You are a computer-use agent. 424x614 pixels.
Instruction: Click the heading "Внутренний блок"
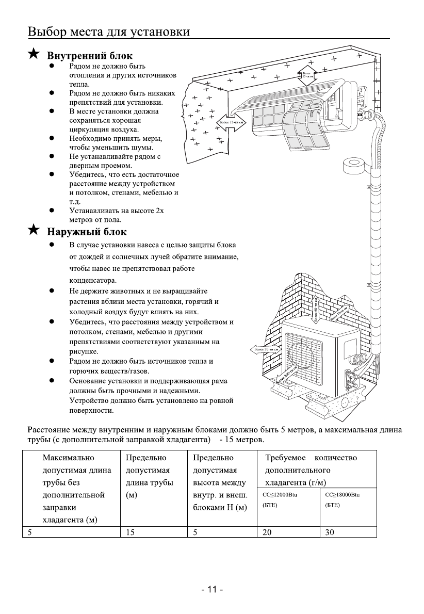tap(90, 55)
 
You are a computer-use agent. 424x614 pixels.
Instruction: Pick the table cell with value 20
tap(288, 532)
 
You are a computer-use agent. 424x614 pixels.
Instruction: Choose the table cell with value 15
tap(153, 532)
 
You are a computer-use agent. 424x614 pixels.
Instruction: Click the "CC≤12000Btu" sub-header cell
tap(288, 500)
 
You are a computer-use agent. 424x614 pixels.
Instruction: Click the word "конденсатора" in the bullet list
tap(95, 281)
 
